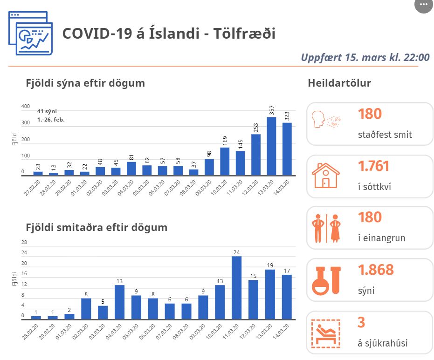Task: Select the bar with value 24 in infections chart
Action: (237, 287)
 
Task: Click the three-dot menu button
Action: (423, 5)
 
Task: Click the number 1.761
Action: (373, 166)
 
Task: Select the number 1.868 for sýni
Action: (376, 270)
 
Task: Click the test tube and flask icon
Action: (325, 280)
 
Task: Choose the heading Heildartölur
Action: (339, 83)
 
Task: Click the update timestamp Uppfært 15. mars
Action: (365, 58)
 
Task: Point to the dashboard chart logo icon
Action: (31, 33)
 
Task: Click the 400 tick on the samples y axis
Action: (26, 107)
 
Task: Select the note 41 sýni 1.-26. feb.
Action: (51, 115)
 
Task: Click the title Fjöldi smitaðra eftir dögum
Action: (96, 228)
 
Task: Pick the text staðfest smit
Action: (385, 135)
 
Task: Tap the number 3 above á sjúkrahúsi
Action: (361, 322)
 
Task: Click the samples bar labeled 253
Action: (256, 154)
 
